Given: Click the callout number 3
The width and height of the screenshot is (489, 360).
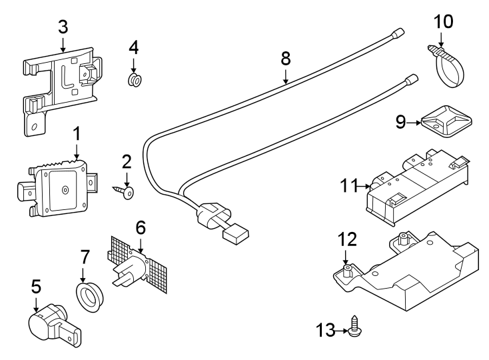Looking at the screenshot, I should pyautogui.click(x=63, y=27).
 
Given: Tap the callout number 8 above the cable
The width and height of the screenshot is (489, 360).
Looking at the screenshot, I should pyautogui.click(x=286, y=58).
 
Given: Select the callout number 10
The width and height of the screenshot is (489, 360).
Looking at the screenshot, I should pyautogui.click(x=443, y=21).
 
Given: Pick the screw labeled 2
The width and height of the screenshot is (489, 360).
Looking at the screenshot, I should pyautogui.click(x=126, y=193).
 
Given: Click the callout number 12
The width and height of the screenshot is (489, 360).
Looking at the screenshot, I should pyautogui.click(x=347, y=239).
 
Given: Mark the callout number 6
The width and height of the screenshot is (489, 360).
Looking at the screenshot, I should pyautogui.click(x=140, y=227).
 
